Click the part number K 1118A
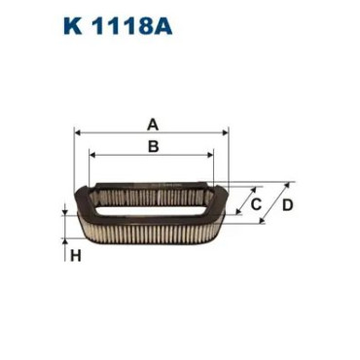[x=118, y=25]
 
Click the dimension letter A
[x=153, y=125]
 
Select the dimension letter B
[x=153, y=146]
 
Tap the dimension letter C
[x=256, y=204]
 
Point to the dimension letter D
[x=287, y=205]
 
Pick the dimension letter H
[x=75, y=256]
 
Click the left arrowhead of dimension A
[x=77, y=132]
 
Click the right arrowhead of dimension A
[x=226, y=132]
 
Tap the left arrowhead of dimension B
[x=92, y=155]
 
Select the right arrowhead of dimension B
[x=211, y=155]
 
